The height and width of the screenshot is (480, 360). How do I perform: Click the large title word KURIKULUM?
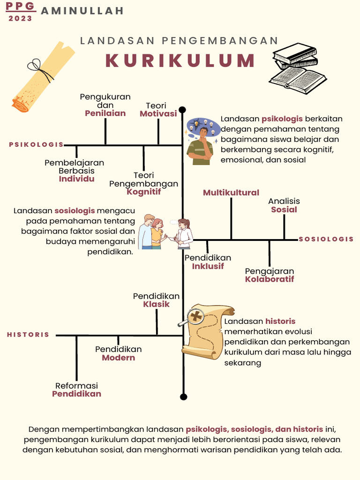(x=180, y=61)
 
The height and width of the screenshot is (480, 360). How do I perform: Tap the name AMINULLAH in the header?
(x=82, y=11)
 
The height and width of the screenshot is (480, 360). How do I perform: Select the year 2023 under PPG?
(x=21, y=19)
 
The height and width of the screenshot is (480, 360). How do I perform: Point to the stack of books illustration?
(x=296, y=68)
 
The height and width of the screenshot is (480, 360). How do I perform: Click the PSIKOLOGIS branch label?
(x=36, y=144)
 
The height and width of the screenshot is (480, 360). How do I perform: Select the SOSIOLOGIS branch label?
(x=326, y=239)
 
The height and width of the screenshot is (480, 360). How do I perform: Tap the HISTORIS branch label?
(x=28, y=335)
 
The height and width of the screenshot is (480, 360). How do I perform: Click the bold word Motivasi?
(x=158, y=114)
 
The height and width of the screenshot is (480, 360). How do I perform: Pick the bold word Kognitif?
(x=143, y=192)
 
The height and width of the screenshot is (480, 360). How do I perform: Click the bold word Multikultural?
(x=231, y=193)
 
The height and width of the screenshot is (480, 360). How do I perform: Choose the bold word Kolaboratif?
(x=270, y=279)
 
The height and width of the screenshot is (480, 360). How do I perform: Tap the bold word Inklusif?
(x=208, y=266)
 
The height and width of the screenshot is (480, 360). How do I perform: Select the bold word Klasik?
(x=157, y=304)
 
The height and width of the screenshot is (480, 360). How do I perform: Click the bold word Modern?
(x=119, y=358)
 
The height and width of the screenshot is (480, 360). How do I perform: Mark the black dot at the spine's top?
(x=182, y=110)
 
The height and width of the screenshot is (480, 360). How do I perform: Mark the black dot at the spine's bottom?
(x=183, y=397)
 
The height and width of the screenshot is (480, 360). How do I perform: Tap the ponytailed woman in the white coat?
(x=184, y=233)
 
